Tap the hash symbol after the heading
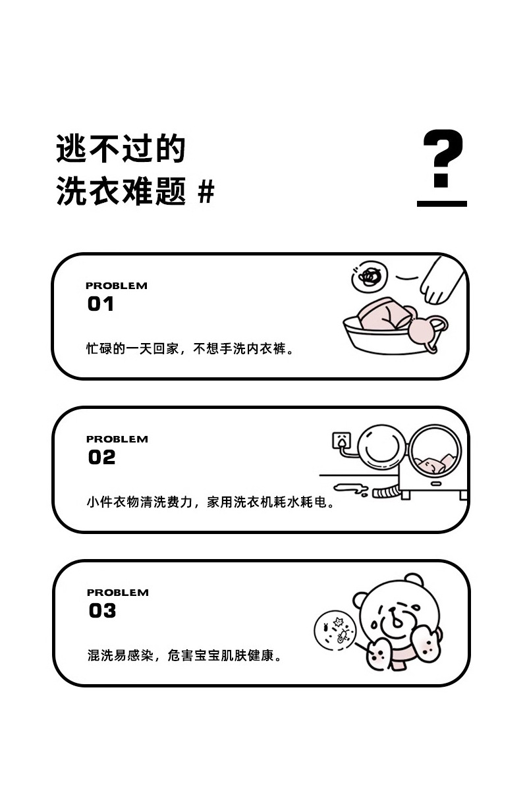(x=206, y=192)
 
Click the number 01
(x=101, y=304)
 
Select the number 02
(x=101, y=457)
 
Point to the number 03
(x=102, y=610)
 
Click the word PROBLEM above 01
(x=117, y=286)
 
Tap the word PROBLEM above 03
(x=118, y=593)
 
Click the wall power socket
(x=341, y=441)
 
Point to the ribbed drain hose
(x=385, y=493)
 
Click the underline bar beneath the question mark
(x=442, y=204)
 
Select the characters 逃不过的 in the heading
(x=121, y=149)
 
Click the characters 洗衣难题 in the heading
(x=121, y=192)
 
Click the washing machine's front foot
(x=406, y=495)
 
